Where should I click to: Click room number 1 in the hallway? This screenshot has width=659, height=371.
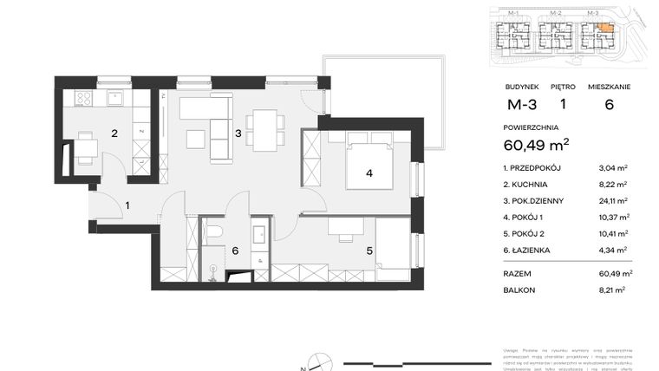(127, 205)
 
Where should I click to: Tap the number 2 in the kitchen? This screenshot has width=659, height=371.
(114, 133)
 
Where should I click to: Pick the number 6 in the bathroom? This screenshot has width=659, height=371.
(234, 251)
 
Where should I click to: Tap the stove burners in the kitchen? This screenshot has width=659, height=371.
(84, 99)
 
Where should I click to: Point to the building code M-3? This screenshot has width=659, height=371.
(521, 106)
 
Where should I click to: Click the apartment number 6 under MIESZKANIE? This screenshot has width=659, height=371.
(609, 106)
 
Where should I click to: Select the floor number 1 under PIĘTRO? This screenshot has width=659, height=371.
(563, 106)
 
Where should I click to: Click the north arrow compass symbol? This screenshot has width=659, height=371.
(318, 360)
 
